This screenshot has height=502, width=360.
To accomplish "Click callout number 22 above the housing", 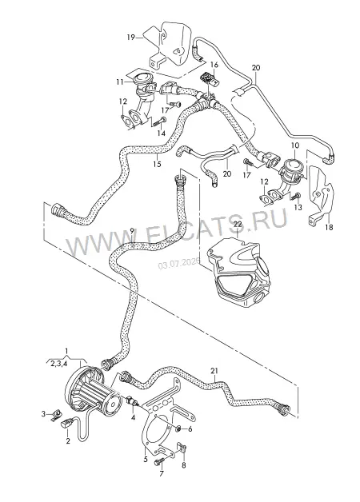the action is [238, 225].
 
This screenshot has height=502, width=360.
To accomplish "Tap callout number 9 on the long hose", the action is [132, 230].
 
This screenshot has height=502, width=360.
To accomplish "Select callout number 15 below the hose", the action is [157, 165].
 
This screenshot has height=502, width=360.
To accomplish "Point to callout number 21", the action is [214, 371].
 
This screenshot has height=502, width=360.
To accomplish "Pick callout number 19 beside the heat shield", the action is [130, 38].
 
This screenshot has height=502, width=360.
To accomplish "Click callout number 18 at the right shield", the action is [329, 227].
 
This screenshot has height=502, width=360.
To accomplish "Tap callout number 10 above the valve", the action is [295, 145].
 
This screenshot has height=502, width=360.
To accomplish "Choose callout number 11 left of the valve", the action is [120, 82].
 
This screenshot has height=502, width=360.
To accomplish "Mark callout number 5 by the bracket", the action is [146, 460].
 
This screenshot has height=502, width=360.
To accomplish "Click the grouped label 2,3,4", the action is [58, 364].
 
